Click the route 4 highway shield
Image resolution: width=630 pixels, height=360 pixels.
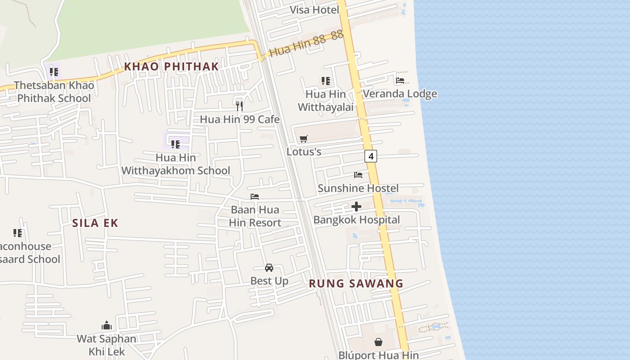pyautogui.click(x=370, y=156)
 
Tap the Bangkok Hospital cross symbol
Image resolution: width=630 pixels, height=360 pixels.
pyautogui.click(x=356, y=207)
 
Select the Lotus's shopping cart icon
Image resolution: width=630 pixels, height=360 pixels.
pyautogui.click(x=304, y=139)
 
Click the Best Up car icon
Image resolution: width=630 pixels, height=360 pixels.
pyautogui.click(x=269, y=268)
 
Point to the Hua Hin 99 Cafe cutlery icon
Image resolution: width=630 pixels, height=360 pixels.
pyautogui.click(x=239, y=106)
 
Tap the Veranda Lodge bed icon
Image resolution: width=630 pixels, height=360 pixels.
pyautogui.click(x=400, y=81)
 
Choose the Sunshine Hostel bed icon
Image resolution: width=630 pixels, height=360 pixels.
pyautogui.click(x=358, y=175)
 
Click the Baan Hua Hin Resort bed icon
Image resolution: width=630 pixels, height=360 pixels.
pyautogui.click(x=255, y=197)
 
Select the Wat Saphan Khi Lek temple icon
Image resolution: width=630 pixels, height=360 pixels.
pyautogui.click(x=107, y=325)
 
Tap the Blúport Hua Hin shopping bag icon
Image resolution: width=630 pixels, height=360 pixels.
pyautogui.click(x=378, y=342)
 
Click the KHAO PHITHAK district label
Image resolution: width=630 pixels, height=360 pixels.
pyautogui.click(x=171, y=67)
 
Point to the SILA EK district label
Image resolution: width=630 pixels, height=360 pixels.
pyautogui.click(x=95, y=223)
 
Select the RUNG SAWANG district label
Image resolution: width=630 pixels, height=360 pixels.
pyautogui.click(x=356, y=283)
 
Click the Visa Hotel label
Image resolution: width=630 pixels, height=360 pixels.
pyautogui.click(x=314, y=10)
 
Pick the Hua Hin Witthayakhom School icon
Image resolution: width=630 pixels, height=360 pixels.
pyautogui.click(x=175, y=144)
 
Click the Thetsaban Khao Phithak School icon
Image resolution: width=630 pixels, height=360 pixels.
pyautogui.click(x=54, y=72)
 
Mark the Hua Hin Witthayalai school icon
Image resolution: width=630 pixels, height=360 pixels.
pyautogui.click(x=326, y=81)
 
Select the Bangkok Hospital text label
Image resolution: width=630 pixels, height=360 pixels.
pyautogui.click(x=356, y=220)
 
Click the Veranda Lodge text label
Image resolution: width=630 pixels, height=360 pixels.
pyautogui.click(x=400, y=94)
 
